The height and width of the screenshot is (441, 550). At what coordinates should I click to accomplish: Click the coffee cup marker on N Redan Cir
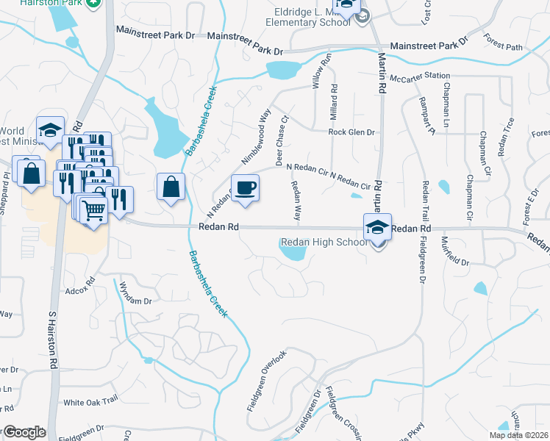(246, 187)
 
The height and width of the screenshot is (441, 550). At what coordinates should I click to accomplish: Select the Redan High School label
(324, 243)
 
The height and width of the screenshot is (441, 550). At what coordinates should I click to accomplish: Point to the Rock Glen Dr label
(351, 132)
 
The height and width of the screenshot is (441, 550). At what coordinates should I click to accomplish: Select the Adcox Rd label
(81, 285)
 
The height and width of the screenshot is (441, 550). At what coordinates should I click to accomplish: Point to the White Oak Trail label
(90, 401)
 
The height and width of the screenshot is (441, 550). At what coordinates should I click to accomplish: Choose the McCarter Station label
(420, 76)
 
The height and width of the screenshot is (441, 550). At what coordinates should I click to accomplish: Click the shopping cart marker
(93, 209)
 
